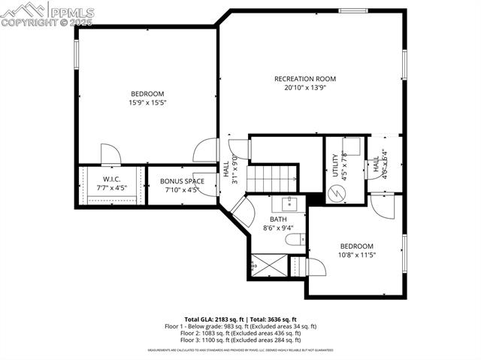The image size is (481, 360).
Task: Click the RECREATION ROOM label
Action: (304, 79)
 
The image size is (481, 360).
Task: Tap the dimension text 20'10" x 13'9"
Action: (304, 88)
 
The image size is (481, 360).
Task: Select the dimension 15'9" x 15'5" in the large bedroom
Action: (147, 102)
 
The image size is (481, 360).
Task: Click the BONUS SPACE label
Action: (181, 181)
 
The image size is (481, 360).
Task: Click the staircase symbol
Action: (273, 179)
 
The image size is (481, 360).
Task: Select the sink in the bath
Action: (289, 203)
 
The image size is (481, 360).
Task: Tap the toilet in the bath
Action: (295, 241)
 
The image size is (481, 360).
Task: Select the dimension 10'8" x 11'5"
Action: (356, 255)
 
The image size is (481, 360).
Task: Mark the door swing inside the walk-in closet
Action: (110, 155)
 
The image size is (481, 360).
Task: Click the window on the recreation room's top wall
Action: (353, 11)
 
